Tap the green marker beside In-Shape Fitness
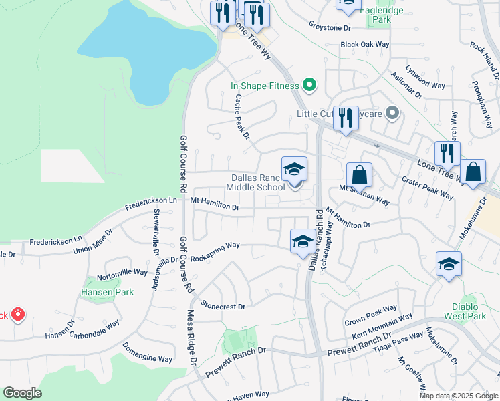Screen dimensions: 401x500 pyautogui.click(x=309, y=86)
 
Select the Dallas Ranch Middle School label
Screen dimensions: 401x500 pyautogui.click(x=258, y=182)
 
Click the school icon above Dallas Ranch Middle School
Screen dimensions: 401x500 pyautogui.click(x=294, y=170)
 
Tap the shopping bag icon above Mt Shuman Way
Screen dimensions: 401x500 pyautogui.click(x=359, y=175)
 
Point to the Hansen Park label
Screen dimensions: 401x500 pyautogui.click(x=107, y=292)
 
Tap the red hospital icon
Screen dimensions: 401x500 pyautogui.click(x=17, y=314)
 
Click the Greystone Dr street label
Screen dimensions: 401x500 pyautogui.click(x=330, y=28)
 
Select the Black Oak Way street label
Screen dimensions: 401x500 pyautogui.click(x=364, y=44)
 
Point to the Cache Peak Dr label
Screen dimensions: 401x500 pyautogui.click(x=241, y=116)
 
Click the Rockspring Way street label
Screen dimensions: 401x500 pyautogui.click(x=215, y=245)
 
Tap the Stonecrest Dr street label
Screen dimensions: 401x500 pyautogui.click(x=223, y=306)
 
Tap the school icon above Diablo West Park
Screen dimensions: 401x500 pyautogui.click(x=449, y=264)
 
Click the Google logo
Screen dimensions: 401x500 pyautogui.click(x=22, y=393)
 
